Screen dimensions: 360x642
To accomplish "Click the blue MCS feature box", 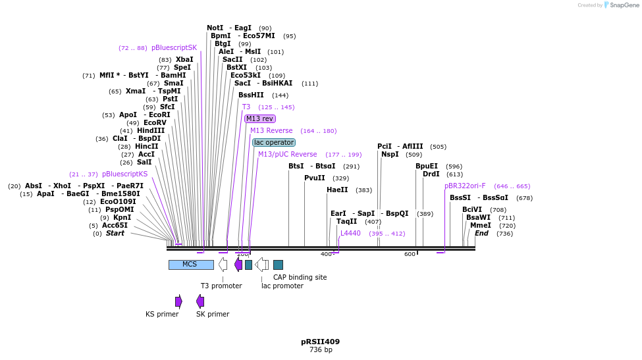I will coord(191,265).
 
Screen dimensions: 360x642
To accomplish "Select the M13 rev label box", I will coord(260,119).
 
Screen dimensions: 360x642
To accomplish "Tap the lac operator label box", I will coord(274,143).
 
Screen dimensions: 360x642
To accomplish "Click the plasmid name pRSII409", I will coord(320,342).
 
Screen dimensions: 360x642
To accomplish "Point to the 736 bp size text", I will coord(320,350).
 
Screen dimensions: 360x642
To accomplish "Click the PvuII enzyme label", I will coord(315,178).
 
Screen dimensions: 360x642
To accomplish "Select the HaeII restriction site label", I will coord(337,190).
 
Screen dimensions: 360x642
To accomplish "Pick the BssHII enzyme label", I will coord(251,95).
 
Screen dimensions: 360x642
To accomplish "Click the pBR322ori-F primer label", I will coord(465,186).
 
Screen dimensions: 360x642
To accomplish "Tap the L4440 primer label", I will coord(350,234).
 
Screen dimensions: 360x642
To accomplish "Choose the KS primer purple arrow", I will coord(178,301).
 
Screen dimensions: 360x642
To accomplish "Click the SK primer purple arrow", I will coord(200,301).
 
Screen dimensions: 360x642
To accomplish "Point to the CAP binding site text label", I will coord(300,278).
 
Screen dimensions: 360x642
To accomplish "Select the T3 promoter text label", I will coord(221,286).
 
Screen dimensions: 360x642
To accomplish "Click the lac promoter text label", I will coord(282,286).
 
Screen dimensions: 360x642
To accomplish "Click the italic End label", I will coord(481,234).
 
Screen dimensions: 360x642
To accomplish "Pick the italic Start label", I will coord(115,234).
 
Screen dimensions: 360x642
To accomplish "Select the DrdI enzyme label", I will coord(431,174).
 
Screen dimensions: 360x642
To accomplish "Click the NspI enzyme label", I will coord(390,155).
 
